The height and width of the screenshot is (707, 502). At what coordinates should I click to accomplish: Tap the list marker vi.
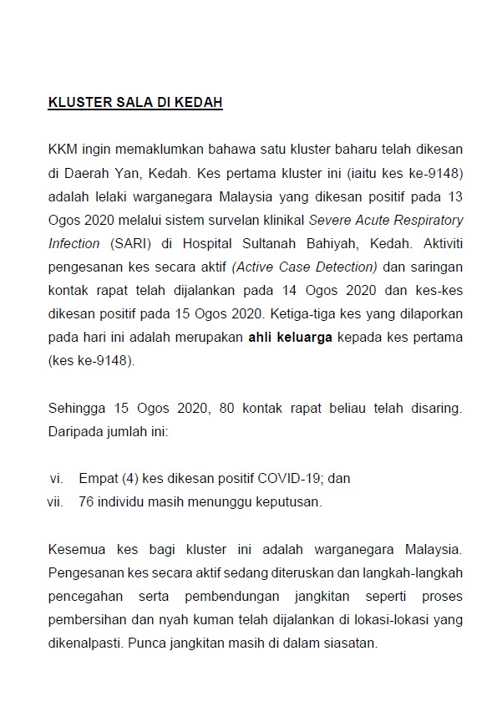(x=57, y=478)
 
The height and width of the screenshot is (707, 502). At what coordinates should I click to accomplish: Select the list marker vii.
(x=55, y=502)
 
